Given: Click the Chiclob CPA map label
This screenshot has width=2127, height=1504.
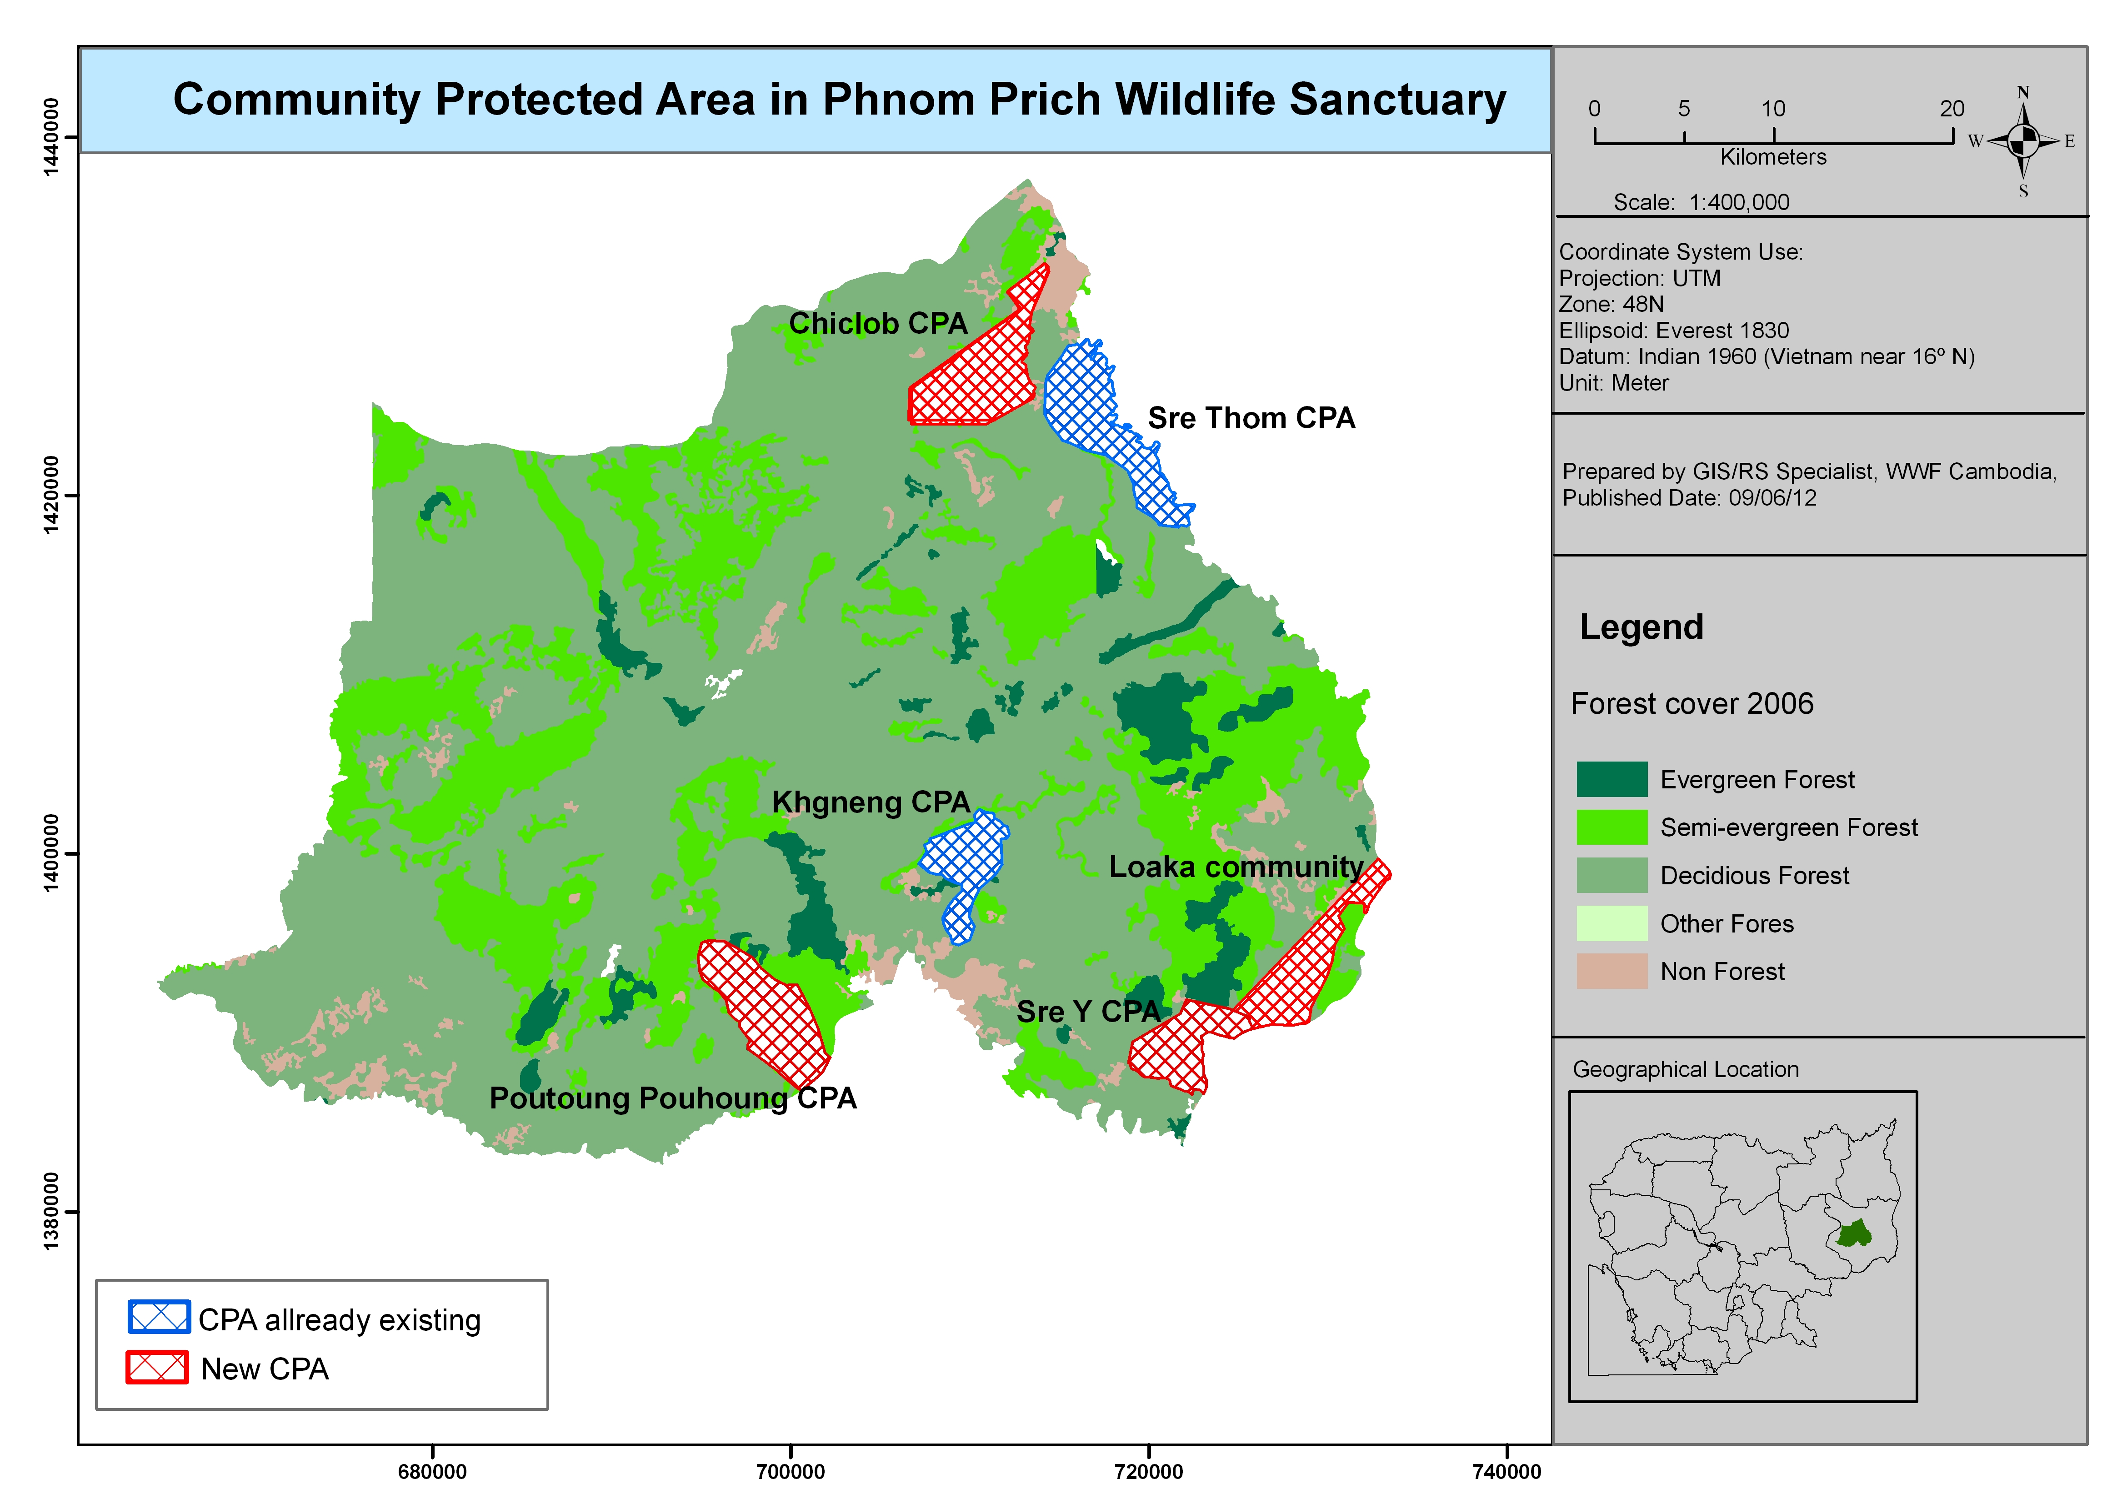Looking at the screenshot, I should click(x=877, y=323).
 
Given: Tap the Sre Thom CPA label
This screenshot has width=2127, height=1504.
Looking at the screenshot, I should click(x=1251, y=418).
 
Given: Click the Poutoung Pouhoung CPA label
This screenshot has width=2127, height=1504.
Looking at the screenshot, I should click(x=673, y=1098).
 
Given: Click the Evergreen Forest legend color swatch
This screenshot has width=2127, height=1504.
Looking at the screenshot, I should click(x=1611, y=779).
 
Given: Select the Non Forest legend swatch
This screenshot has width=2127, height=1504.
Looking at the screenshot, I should click(x=1611, y=971).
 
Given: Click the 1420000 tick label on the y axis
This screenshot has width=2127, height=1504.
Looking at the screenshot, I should click(x=51, y=494).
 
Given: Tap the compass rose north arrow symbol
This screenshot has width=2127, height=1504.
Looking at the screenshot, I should click(x=2023, y=141).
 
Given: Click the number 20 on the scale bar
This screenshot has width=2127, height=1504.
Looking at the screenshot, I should click(x=1952, y=108).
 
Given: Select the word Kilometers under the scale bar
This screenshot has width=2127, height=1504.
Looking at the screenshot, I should click(x=1773, y=157).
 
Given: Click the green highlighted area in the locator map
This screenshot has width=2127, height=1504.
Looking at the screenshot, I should click(x=1853, y=1234).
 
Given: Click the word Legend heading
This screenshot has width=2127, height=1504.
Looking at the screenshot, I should click(x=1641, y=627).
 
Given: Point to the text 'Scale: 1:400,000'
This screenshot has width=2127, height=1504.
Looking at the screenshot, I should click(x=1701, y=202).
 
